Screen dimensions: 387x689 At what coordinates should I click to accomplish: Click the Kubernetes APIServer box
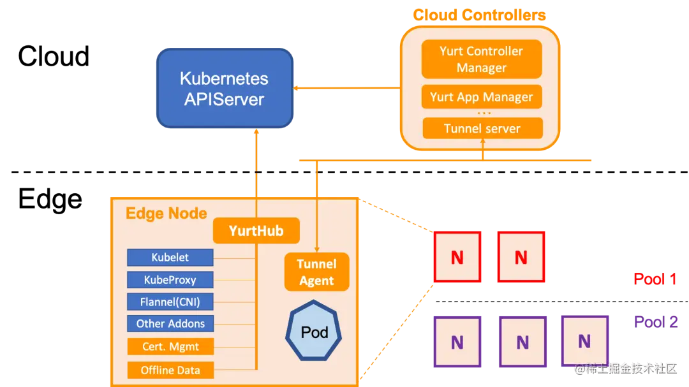[225, 89]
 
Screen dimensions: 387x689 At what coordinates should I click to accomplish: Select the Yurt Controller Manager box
[482, 59]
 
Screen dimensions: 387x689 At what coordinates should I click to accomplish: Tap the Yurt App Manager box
[482, 97]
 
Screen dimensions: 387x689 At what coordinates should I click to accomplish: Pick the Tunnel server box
[482, 128]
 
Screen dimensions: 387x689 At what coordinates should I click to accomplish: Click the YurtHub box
[256, 230]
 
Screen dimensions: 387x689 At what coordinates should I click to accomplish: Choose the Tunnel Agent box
[316, 272]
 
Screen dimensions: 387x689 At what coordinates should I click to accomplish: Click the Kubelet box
[170, 258]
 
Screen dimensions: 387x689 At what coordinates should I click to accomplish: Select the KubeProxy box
[170, 280]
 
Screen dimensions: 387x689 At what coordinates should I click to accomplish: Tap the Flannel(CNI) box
[170, 302]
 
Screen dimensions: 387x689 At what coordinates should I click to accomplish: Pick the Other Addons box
[170, 323]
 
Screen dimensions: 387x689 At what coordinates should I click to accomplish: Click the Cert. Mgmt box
[170, 347]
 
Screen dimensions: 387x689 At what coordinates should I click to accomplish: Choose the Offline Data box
[170, 370]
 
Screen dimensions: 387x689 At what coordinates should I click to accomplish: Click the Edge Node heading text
[166, 213]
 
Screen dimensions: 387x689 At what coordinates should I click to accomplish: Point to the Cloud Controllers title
[479, 15]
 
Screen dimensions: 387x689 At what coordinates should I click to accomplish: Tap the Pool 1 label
[655, 279]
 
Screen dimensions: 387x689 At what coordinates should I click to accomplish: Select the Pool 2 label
[655, 322]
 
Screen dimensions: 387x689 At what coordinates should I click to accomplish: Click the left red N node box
[457, 257]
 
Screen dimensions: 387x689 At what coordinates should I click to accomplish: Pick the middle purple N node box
[522, 342]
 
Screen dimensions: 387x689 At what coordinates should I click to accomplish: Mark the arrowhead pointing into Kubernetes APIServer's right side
[297, 88]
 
